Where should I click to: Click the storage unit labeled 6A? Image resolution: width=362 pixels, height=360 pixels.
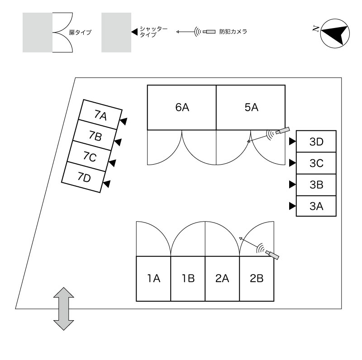[x=182, y=108]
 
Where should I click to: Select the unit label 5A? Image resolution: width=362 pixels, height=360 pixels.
[x=251, y=108]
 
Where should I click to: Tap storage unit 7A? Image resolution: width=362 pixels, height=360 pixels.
[x=100, y=115]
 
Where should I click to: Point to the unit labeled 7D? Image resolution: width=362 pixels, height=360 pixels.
[x=84, y=177]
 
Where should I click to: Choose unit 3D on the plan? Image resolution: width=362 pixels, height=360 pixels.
[x=316, y=142]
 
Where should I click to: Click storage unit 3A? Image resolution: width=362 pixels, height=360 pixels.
[x=316, y=206]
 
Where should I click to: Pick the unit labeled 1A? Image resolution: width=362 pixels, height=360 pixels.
[x=153, y=279]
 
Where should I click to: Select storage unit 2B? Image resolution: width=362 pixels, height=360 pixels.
[x=257, y=279]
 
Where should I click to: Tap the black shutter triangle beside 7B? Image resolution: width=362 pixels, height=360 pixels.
[x=118, y=142]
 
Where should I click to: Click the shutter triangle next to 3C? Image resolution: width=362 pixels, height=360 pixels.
[x=292, y=163]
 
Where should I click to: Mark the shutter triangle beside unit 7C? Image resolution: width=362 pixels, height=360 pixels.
[x=112, y=163]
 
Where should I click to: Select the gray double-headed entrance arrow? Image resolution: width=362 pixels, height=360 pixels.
[x=64, y=309]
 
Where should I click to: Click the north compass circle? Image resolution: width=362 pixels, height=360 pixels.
[x=335, y=33]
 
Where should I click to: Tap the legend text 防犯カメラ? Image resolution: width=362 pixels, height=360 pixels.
[x=233, y=32]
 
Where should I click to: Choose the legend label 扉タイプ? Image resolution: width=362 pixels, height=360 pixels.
[x=80, y=33]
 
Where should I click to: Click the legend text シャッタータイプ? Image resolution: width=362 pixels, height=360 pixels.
[x=153, y=32]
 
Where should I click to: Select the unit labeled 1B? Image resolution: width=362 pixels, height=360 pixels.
[x=188, y=279]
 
